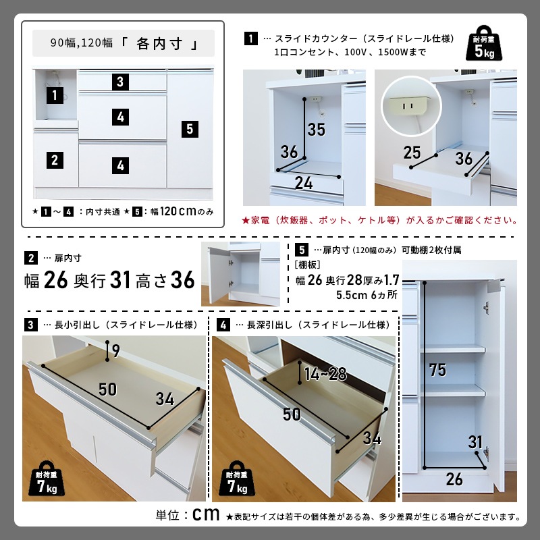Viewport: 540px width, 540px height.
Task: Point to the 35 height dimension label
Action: [317, 129]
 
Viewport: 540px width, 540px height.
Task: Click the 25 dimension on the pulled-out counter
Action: [412, 153]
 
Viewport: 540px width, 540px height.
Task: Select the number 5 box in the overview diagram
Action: [190, 128]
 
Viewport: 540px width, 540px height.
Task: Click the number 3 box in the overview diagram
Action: [119, 82]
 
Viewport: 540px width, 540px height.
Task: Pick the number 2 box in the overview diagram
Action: [55, 160]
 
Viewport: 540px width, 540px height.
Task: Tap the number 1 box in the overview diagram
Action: [55, 95]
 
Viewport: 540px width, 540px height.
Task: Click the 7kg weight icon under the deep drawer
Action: [235, 479]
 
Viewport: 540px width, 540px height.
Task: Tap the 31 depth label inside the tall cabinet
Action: [475, 443]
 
